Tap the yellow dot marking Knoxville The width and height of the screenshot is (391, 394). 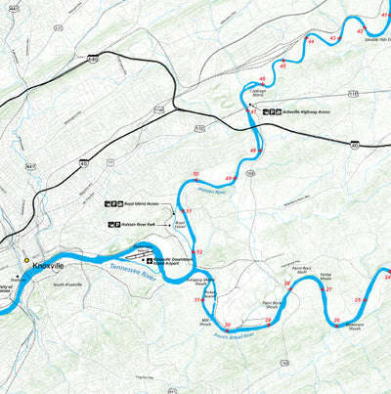click(x=26, y=260)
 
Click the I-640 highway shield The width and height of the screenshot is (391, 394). click(x=93, y=60)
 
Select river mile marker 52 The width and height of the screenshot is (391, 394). click(x=198, y=252)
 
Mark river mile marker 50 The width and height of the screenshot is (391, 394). click(x=196, y=175)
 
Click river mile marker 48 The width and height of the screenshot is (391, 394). click(x=253, y=151)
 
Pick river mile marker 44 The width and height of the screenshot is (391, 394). click(x=311, y=42)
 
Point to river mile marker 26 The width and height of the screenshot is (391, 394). click(x=336, y=320)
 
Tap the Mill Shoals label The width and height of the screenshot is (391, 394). click(x=205, y=322)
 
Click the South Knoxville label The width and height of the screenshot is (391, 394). click(x=72, y=285)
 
